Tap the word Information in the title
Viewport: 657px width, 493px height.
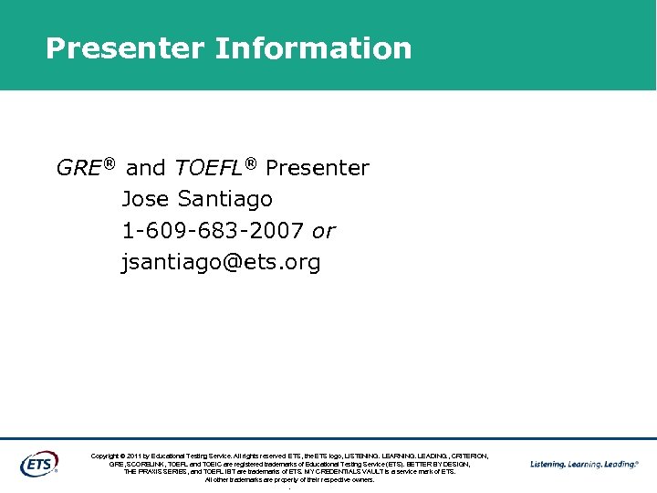[x=313, y=48]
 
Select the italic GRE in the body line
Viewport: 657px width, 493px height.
[x=78, y=168]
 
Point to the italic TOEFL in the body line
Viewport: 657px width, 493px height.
[x=208, y=168]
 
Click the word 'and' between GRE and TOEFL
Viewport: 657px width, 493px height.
[x=145, y=168]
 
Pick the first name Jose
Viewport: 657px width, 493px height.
[x=146, y=199]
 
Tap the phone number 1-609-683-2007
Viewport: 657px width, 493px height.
[x=214, y=231]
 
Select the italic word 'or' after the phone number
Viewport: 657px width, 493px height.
[x=324, y=231]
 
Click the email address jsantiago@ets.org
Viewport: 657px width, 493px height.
[x=221, y=263]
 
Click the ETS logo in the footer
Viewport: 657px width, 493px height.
[x=39, y=463]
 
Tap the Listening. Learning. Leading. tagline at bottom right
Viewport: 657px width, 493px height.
[x=584, y=464]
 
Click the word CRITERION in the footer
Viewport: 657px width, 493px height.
[x=469, y=456]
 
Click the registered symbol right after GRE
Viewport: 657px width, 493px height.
[x=109, y=163]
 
